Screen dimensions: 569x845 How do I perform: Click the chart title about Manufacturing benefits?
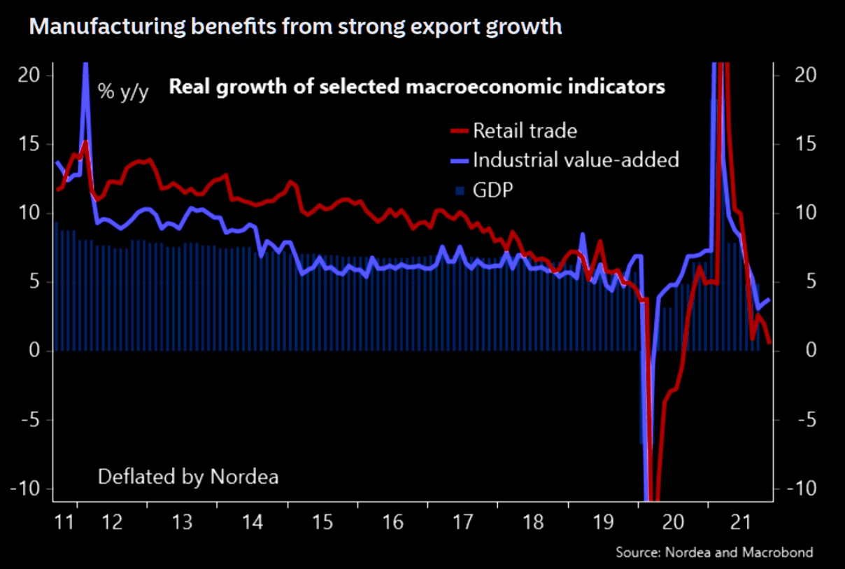pos(295,27)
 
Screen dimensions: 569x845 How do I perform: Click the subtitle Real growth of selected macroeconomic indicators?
pos(416,88)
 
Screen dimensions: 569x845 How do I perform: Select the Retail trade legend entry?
pos(525,130)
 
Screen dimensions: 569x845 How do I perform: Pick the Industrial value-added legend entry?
pos(576,160)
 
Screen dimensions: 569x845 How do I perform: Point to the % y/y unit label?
pos(122,92)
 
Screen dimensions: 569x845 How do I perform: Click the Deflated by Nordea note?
pos(188,477)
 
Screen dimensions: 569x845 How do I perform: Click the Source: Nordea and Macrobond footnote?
pos(714,553)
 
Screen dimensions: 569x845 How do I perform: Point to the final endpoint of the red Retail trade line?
pos(769,343)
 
